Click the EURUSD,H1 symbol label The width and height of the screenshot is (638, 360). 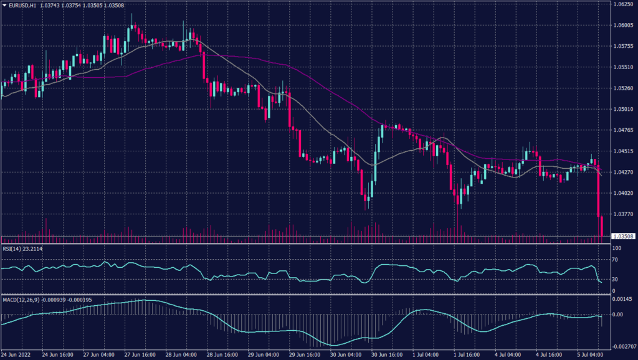(22, 5)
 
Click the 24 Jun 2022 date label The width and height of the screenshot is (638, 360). (17, 354)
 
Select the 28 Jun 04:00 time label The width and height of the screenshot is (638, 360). (181, 354)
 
